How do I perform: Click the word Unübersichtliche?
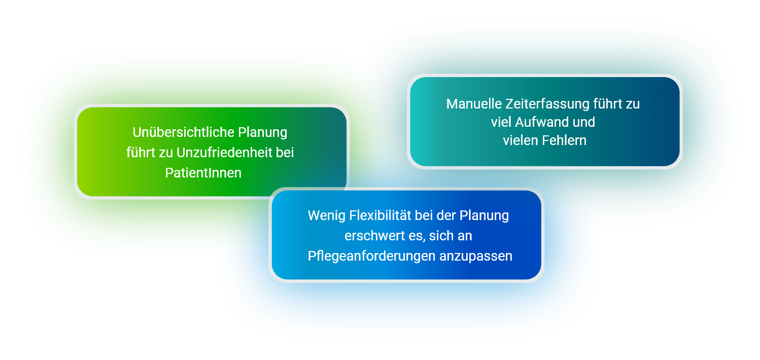tap(183, 132)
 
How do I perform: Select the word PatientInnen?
tap(203, 173)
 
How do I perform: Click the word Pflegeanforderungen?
tap(371, 257)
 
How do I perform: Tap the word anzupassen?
tap(476, 257)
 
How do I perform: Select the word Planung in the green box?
tap(263, 133)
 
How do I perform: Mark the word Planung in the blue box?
tap(484, 216)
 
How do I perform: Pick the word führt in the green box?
tap(141, 153)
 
